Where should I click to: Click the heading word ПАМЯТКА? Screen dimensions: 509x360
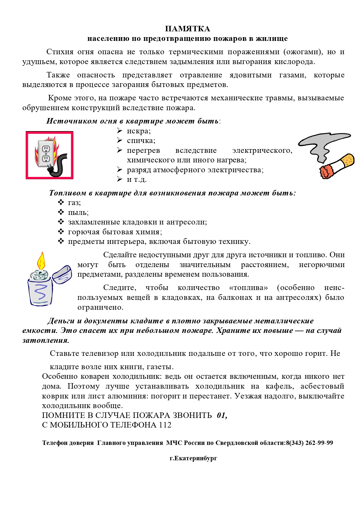tap(187, 29)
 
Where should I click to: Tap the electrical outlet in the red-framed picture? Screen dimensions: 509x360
tap(46, 154)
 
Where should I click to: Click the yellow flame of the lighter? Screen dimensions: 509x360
tap(41, 261)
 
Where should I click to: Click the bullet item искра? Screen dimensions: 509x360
tap(139, 131)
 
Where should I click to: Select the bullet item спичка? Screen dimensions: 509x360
tap(141, 141)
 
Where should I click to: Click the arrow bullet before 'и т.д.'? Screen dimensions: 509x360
tap(120, 179)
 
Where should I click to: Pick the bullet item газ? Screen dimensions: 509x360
tap(74, 203)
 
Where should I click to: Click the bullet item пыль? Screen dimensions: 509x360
tap(78, 213)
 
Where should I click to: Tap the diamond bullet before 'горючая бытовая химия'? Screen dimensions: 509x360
tap(61, 232)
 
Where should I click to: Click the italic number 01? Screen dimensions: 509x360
tap(222, 415)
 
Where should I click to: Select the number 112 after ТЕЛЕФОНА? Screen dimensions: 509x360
tap(165, 425)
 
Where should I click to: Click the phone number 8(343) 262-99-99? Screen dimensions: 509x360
tap(309, 443)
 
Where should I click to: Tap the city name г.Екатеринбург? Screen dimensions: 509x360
tap(193, 458)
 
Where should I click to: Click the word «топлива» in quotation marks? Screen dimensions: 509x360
tap(248, 288)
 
